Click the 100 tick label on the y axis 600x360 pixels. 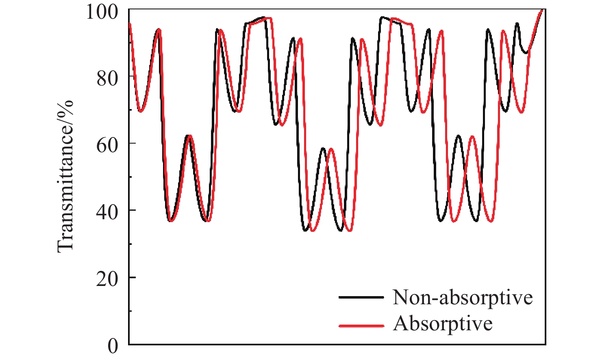(x=101, y=11)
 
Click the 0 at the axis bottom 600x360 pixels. (x=113, y=346)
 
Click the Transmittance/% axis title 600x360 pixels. (x=65, y=176)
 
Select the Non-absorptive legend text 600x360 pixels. (x=463, y=297)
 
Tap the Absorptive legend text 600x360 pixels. (x=443, y=324)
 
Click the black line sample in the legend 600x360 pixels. (x=361, y=297)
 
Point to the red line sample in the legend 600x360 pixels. (x=361, y=325)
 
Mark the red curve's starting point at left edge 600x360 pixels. (x=130, y=23)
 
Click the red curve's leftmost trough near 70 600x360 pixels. (x=141, y=111)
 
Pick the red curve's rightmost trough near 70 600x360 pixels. (x=522, y=112)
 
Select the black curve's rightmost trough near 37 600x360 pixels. (x=476, y=221)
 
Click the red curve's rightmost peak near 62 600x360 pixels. (x=472, y=136)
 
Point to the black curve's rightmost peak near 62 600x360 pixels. (x=458, y=135)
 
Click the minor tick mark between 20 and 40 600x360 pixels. (x=130, y=244)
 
